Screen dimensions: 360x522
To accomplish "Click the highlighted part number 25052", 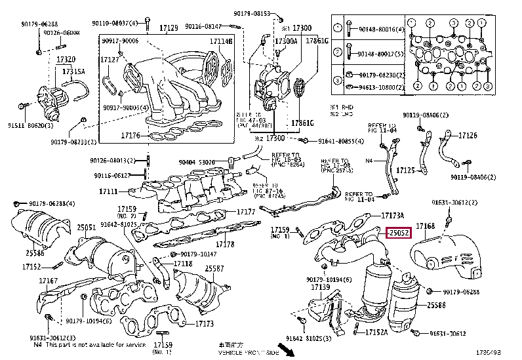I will point(398,233).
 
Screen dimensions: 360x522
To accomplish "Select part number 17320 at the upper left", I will point(65,59).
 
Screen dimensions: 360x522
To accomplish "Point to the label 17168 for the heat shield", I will point(426,226).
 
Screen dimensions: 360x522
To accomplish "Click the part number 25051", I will point(87,227).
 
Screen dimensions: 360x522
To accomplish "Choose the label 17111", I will point(108,191).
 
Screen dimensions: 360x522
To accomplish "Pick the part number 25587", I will point(214,268).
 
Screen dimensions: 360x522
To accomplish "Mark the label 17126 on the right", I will point(468,136).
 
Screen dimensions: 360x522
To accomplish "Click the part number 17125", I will point(407,170).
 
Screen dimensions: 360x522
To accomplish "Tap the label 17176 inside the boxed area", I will point(130,136).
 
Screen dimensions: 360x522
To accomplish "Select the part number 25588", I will point(437,306).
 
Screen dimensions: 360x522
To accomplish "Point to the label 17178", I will point(225,244).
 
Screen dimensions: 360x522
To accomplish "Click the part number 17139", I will point(320,287).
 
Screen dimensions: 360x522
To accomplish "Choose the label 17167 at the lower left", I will point(48,281).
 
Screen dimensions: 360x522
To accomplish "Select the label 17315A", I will point(73,71).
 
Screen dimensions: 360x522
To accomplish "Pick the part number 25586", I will point(35,252).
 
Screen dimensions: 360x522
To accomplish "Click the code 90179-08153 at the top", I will point(253,13).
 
